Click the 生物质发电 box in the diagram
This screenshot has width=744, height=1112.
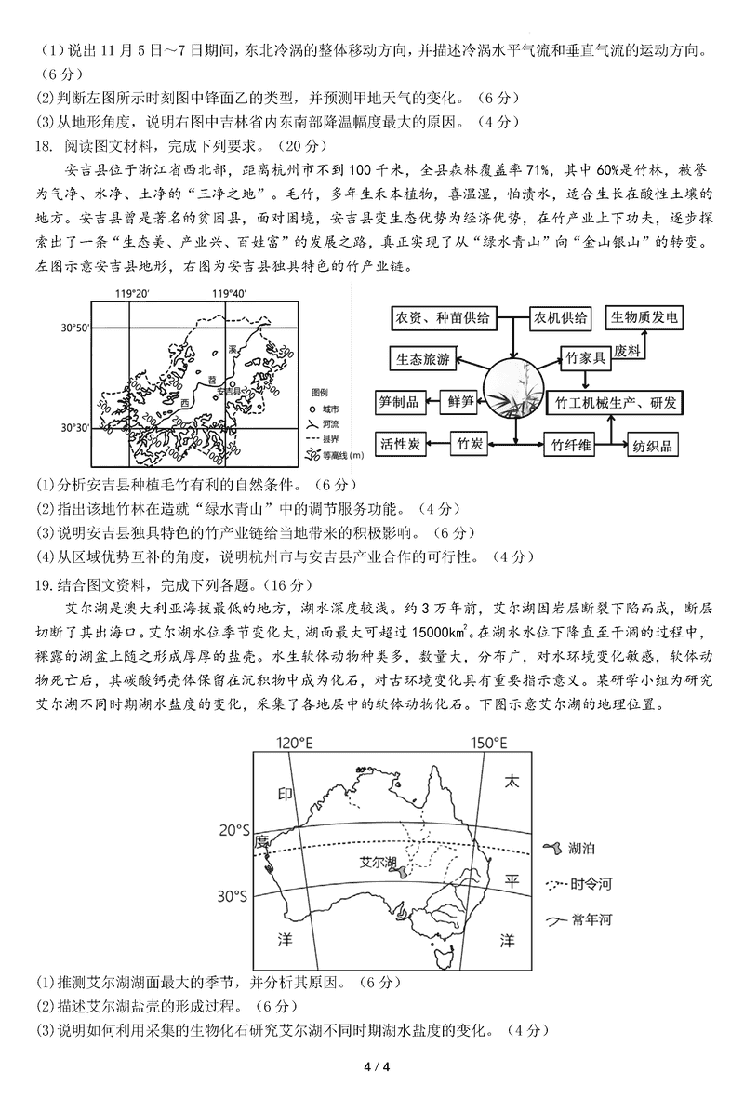click(x=643, y=318)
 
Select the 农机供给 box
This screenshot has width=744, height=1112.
click(x=561, y=318)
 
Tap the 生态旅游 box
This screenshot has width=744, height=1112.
click(x=423, y=359)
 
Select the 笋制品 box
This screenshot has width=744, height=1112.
click(x=401, y=401)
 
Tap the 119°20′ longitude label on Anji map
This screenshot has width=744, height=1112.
click(x=132, y=294)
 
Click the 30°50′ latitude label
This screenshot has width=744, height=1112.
click(x=76, y=328)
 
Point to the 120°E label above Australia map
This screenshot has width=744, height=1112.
click(x=295, y=742)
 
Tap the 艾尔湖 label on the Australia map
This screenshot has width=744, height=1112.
click(x=377, y=862)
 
